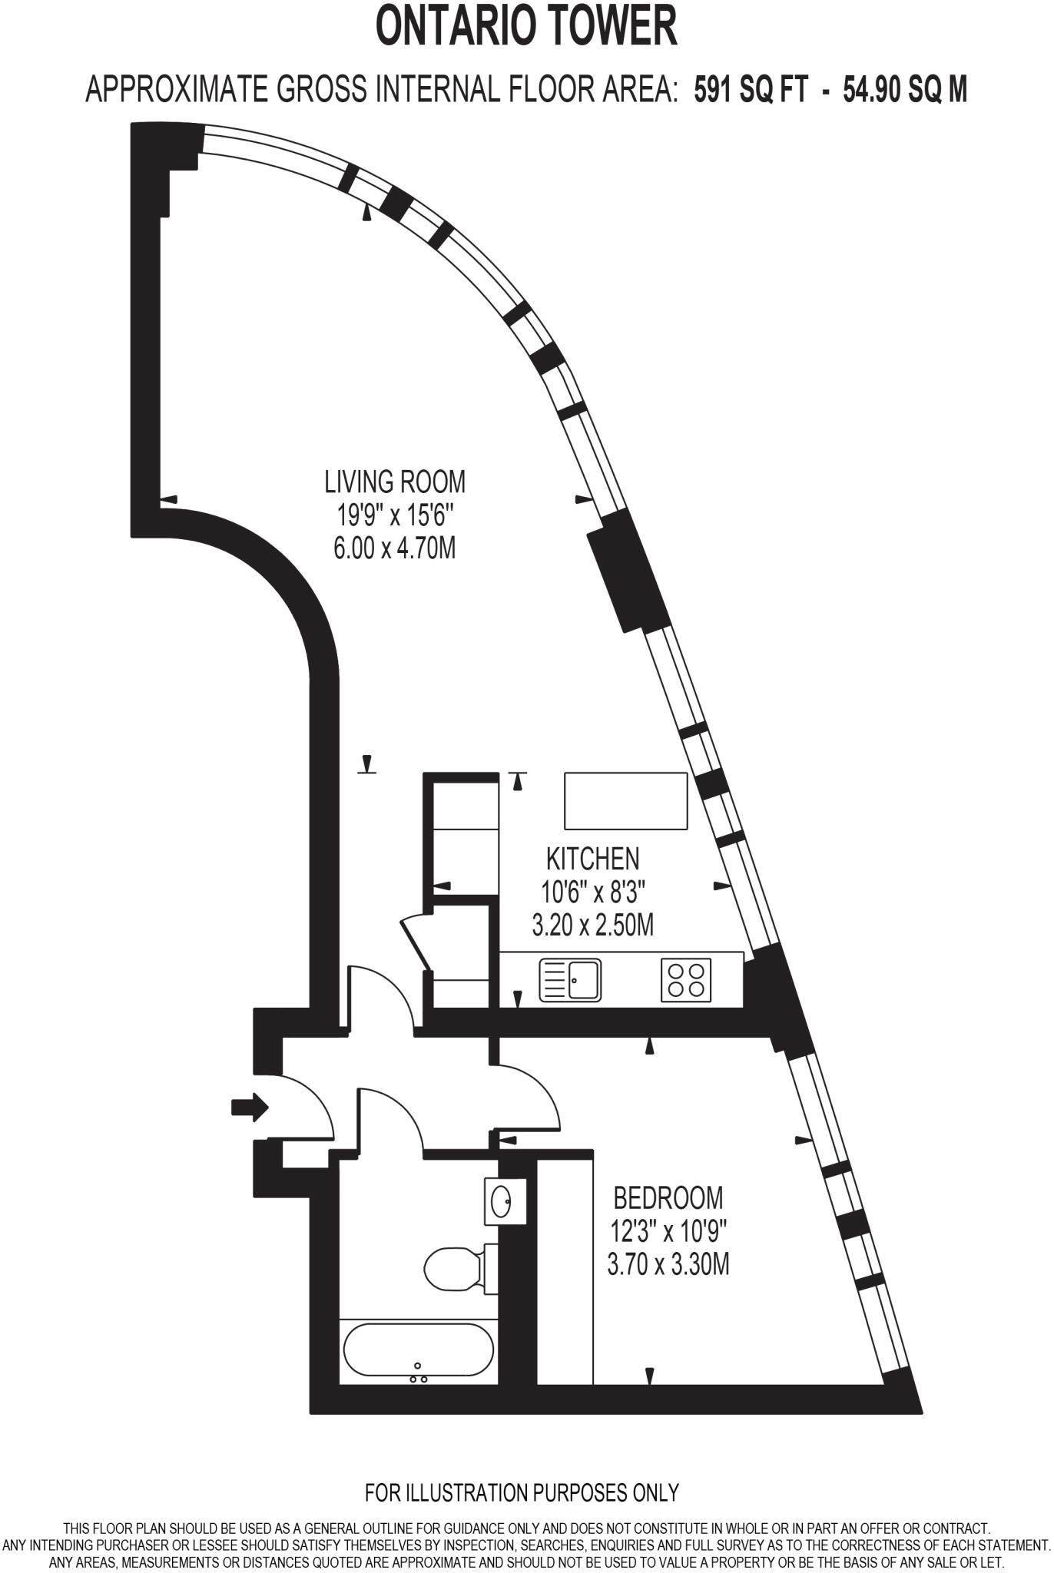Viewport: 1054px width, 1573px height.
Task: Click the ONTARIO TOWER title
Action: pos(526,26)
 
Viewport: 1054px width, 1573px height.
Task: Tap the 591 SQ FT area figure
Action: pos(751,90)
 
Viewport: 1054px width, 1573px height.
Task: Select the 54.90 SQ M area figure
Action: pos(905,90)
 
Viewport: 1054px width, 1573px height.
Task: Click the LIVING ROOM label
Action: pos(395,482)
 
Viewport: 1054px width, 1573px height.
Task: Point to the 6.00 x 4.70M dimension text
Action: pos(395,548)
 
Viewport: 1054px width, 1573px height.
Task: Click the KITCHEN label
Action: pos(592,858)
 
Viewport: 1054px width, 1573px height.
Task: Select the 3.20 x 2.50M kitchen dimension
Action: pos(592,925)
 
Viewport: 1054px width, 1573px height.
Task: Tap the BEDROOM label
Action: pos(668,1197)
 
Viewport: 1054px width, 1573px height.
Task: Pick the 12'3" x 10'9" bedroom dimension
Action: pos(668,1230)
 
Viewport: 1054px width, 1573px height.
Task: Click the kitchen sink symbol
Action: pos(571,979)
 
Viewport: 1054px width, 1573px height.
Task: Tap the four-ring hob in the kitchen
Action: pos(686,979)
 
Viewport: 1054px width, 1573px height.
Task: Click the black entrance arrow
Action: pos(250,1107)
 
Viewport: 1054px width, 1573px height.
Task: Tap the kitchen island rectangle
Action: pos(626,801)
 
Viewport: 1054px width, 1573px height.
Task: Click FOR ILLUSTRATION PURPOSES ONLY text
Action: pos(522,1492)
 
